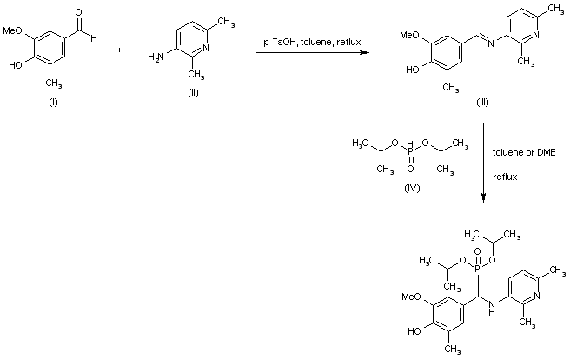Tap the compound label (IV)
click(401, 187)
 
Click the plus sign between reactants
click(119, 50)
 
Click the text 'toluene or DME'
click(522, 151)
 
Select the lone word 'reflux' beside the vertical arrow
click(506, 176)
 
